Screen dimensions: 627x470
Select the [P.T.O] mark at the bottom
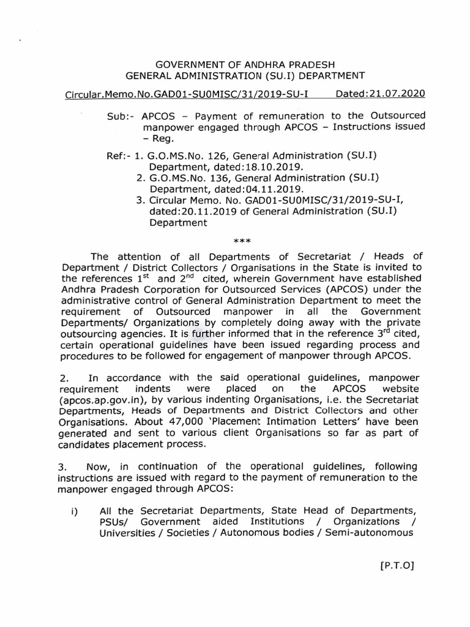(x=397, y=565)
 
